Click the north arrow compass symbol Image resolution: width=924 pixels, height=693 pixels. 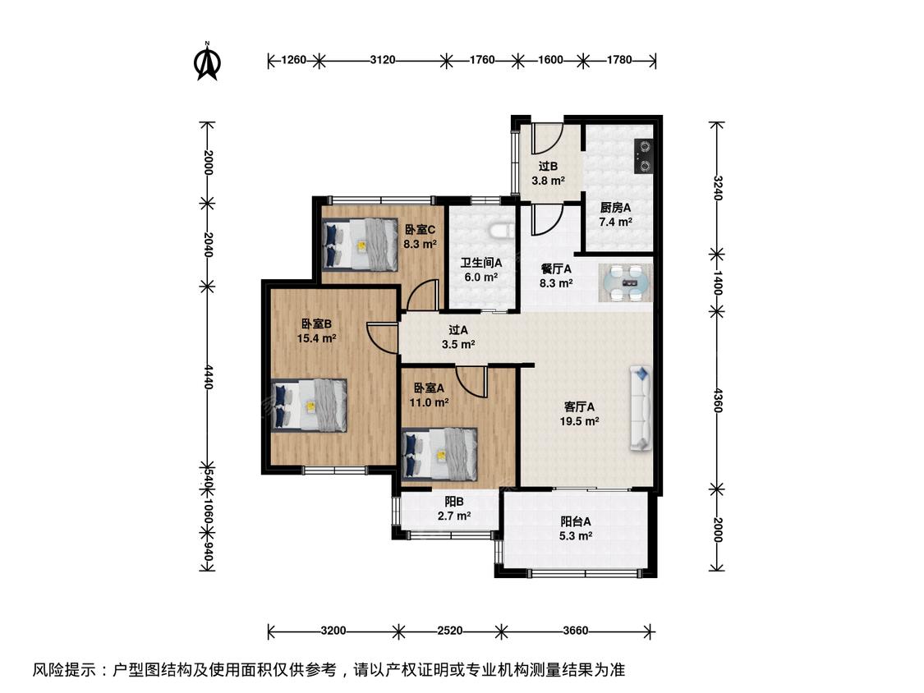click(207, 61)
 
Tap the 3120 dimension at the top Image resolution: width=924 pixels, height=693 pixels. click(383, 60)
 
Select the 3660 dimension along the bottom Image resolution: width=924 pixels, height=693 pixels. click(575, 631)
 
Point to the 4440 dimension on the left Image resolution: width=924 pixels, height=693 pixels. click(208, 376)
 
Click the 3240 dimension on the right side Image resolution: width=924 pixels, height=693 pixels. click(717, 187)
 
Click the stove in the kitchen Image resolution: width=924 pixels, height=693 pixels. click(643, 156)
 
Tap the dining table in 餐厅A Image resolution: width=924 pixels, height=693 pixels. click(625, 282)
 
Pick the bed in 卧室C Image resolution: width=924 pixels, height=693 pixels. click(360, 245)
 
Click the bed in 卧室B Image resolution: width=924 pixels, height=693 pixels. click(309, 405)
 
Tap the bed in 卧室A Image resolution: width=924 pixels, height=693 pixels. click(439, 454)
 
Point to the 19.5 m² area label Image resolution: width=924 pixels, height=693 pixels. click(579, 421)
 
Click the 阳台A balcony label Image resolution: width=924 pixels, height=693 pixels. click(576, 521)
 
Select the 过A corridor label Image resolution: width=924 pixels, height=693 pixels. click(457, 331)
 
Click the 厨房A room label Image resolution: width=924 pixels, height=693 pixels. click(615, 208)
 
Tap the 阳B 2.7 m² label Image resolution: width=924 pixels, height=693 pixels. click(453, 509)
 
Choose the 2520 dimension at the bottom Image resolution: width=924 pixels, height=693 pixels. click(450, 631)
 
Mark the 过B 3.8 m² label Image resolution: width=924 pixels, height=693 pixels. click(548, 174)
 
